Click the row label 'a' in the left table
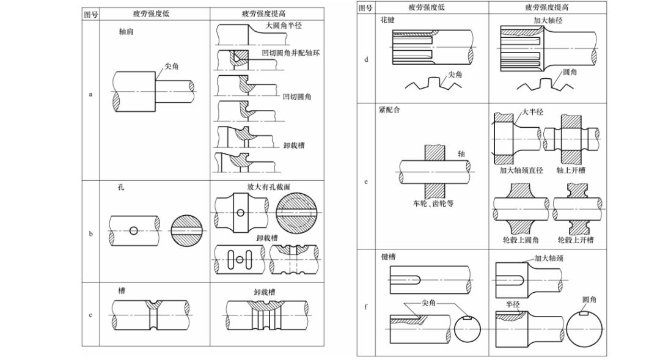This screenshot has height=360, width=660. pyautogui.click(x=91, y=95)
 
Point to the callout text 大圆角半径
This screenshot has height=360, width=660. pyautogui.click(x=284, y=26)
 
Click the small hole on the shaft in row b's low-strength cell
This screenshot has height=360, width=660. pyautogui.click(x=133, y=230)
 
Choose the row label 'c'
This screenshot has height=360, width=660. pyautogui.click(x=91, y=315)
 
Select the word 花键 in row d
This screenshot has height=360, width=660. pyautogui.click(x=387, y=20)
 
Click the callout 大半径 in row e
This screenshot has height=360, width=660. pyautogui.click(x=532, y=112)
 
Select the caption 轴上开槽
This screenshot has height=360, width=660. pyautogui.click(x=571, y=171)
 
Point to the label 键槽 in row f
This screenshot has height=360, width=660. pyautogui.click(x=387, y=257)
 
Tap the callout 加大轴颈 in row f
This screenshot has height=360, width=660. pyautogui.click(x=549, y=259)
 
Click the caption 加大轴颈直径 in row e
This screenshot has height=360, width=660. pyautogui.click(x=521, y=171)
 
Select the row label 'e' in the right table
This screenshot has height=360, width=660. pyautogui.click(x=366, y=182)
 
